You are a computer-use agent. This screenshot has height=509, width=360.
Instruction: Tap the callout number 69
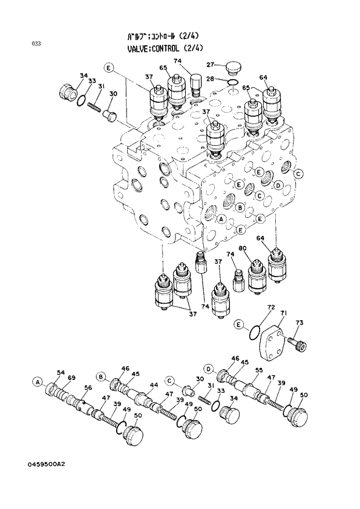[71, 378]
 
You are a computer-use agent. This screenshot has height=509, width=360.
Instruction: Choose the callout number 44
[154, 385]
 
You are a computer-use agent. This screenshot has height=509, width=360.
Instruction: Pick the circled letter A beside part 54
[38, 382]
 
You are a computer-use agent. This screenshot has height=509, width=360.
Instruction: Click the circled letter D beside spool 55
[208, 368]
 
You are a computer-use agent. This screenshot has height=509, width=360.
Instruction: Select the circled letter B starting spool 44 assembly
[100, 377]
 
